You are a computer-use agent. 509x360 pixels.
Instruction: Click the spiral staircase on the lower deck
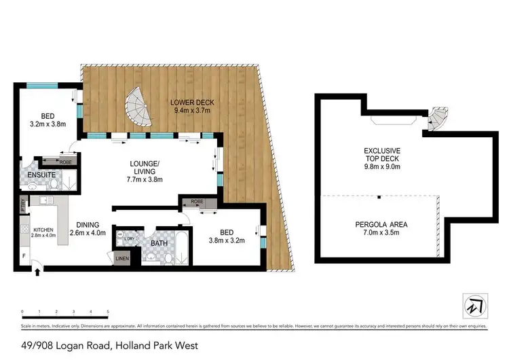point(139,109)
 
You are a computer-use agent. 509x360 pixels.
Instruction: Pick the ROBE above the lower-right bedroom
point(197,202)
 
